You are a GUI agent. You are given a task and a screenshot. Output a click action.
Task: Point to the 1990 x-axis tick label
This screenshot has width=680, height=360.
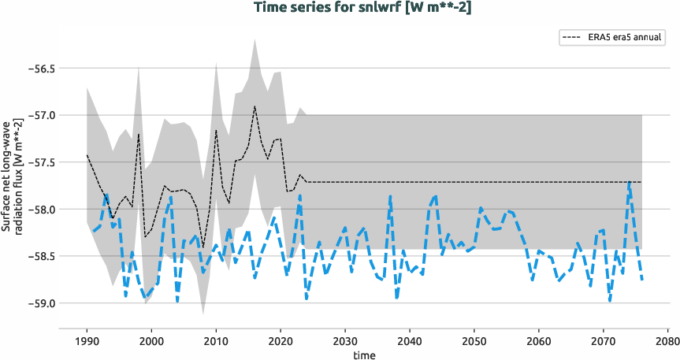[x=87, y=342]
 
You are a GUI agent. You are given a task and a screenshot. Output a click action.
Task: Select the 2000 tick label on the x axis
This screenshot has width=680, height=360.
[x=151, y=342]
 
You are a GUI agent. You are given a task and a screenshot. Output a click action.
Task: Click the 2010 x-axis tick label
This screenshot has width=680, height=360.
[x=216, y=342]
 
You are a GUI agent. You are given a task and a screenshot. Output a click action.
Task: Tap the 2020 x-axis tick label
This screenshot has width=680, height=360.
[x=281, y=342]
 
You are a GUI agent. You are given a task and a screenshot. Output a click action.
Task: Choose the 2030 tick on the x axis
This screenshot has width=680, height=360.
[x=345, y=342]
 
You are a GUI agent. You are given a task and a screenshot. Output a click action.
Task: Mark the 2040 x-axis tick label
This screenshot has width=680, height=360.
[x=410, y=342]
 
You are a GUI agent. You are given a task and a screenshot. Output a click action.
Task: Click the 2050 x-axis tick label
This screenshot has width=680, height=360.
[x=474, y=342]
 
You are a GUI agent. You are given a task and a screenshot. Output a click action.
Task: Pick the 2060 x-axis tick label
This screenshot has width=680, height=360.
[x=539, y=342]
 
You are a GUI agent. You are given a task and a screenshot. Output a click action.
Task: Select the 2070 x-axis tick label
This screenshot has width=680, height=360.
[x=604, y=342]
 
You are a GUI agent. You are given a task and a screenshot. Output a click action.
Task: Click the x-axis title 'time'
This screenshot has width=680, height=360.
[x=363, y=355]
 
